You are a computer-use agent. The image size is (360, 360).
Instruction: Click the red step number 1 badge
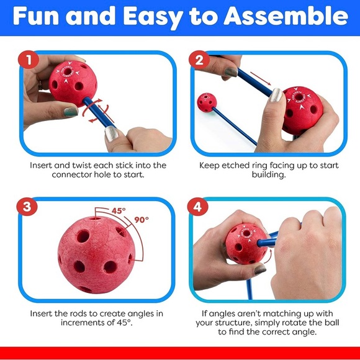pyautogui.click(x=29, y=61)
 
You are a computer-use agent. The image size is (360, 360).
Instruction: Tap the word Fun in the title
pyautogui.click(x=38, y=17)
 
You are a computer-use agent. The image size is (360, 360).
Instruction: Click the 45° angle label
pyautogui.click(x=119, y=210)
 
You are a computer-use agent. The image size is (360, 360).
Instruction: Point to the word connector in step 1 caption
pyautogui.click(x=73, y=175)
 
